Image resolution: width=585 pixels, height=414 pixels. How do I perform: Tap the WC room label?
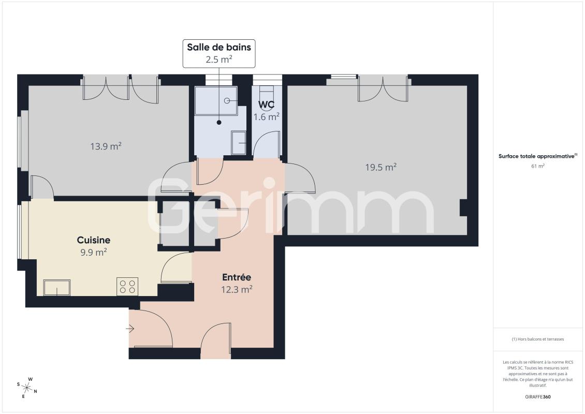click(267, 105)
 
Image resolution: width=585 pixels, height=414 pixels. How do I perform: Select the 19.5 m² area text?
click(381, 167)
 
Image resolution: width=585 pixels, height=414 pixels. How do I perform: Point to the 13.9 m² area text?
click(106, 146)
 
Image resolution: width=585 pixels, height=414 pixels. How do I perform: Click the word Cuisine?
click(94, 240)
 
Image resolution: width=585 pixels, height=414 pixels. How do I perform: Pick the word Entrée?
click(237, 277)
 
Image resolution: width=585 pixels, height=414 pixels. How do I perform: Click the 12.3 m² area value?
click(237, 289)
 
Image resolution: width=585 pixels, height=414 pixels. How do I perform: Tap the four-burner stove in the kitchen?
click(127, 287)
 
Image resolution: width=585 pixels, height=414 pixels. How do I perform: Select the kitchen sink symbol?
click(57, 288)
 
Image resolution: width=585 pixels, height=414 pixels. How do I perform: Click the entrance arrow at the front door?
click(130, 329)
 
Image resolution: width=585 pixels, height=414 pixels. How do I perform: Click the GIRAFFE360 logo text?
click(537, 397)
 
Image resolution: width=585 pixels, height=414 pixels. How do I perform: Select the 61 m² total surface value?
click(537, 166)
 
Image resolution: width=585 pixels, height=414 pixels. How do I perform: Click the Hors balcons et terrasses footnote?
click(537, 339)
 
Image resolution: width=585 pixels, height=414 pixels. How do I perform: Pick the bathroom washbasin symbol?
click(239, 143)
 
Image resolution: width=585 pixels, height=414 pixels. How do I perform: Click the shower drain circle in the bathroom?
click(227, 101)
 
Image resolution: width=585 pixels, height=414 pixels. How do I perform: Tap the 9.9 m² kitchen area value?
click(94, 253)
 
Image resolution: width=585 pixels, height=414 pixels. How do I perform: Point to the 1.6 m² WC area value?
click(267, 117)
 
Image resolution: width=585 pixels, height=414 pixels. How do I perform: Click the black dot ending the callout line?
click(219, 122)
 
